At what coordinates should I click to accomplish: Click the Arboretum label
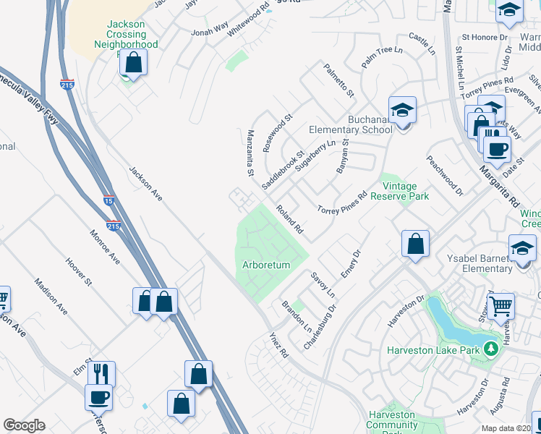(266, 265)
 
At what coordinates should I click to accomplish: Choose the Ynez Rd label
(278, 344)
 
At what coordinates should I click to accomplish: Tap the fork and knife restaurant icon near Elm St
(101, 374)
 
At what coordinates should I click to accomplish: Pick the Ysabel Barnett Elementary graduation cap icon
(522, 249)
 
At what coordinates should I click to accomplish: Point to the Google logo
(24, 425)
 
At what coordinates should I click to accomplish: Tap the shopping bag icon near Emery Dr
(416, 244)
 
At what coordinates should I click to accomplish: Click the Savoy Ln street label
(323, 285)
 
